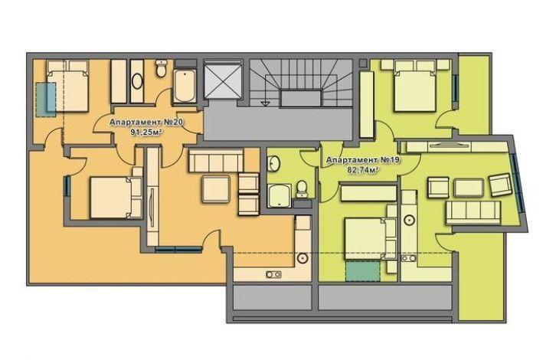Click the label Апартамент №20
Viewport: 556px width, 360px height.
click(146, 123)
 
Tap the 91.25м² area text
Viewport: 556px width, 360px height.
click(146, 133)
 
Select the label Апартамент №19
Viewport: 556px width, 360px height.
click(362, 160)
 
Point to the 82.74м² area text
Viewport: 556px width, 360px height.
click(362, 170)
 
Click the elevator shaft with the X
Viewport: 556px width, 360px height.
click(223, 80)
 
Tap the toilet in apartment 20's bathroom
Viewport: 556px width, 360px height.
click(162, 68)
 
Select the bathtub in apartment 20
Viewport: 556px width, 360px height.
click(185, 87)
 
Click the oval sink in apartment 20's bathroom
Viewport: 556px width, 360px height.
click(137, 81)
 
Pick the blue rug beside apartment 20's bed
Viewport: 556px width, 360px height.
click(46, 100)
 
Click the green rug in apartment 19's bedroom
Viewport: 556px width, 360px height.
click(362, 270)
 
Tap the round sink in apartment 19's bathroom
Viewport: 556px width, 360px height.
click(274, 163)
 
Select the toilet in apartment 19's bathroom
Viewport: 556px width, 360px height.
click(302, 188)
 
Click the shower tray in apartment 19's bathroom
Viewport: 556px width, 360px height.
click(280, 196)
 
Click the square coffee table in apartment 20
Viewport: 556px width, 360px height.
click(216, 189)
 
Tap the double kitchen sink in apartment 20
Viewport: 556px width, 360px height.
click(273, 274)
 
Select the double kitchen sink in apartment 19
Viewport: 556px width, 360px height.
click(408, 258)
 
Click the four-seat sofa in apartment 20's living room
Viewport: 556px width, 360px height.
click(216, 161)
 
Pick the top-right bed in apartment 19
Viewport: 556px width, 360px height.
click(415, 87)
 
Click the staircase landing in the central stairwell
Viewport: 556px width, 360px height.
click(278, 124)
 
